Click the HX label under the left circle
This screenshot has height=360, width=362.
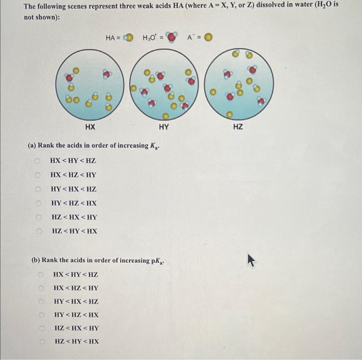[90, 126]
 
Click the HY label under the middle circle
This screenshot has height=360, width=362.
[164, 126]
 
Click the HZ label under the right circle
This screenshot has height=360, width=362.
[237, 126]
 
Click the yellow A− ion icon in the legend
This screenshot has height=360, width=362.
[208, 38]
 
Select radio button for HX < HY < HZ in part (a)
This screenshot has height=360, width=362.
[38, 161]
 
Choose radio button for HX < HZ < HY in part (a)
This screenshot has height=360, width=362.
[38, 175]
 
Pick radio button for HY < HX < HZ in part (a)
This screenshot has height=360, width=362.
[38, 189]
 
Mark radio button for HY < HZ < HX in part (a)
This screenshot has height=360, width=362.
[38, 203]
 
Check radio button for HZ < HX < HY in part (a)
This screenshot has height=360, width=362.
[38, 217]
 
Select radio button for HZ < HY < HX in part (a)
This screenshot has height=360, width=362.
[38, 231]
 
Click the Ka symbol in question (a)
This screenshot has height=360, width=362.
[154, 146]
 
